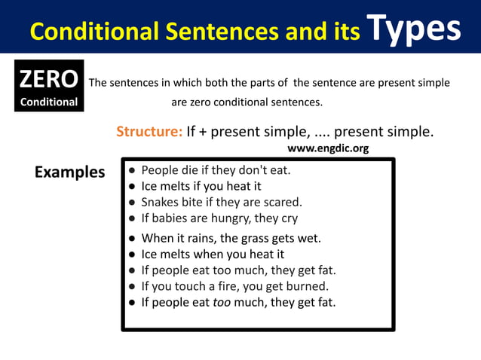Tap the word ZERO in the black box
coord(48,79)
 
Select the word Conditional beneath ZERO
coord(48,102)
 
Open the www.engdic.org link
coord(328,148)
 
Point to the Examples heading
coord(70,172)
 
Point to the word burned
coord(308,286)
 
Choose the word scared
coord(281,202)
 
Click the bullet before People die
coord(132,170)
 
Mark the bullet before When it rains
coord(132,239)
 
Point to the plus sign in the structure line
coord(203,132)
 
